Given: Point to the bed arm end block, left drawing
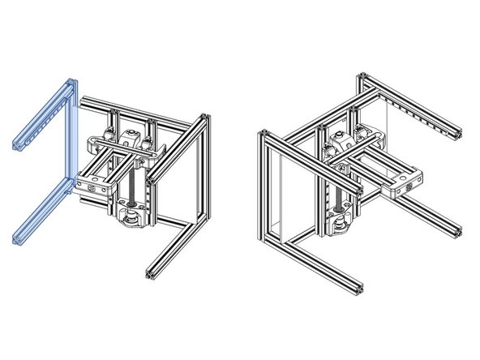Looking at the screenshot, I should point(90,186).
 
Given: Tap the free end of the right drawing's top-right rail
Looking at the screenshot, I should point(461,133).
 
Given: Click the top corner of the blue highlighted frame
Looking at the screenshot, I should point(71,82).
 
